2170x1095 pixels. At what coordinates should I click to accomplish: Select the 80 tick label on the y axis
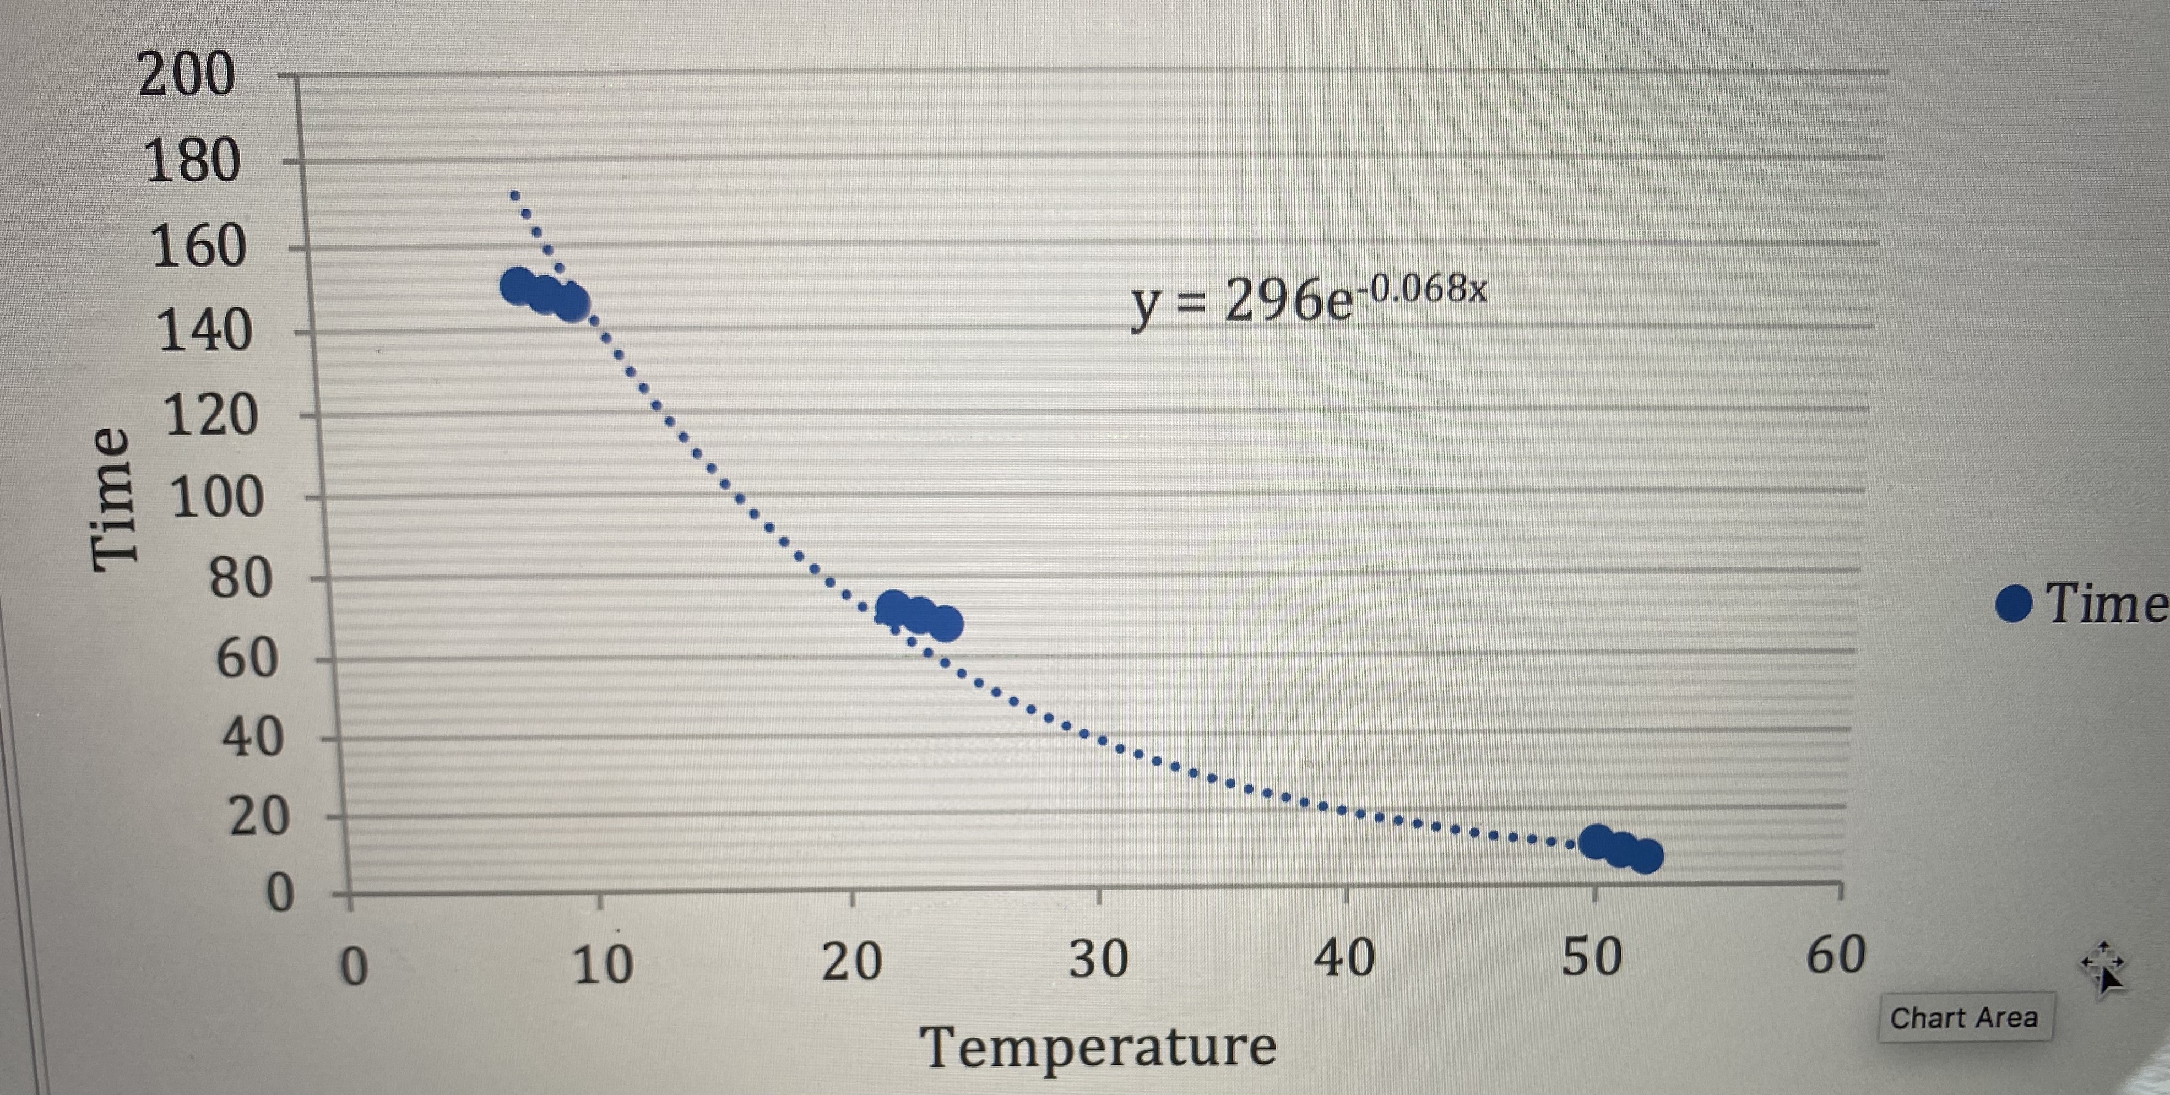coord(240,579)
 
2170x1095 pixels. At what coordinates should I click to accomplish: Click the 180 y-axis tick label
coord(192,160)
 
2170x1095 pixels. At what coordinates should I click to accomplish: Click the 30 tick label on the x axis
coord(1098,960)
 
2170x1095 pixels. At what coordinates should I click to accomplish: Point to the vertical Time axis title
coord(112,498)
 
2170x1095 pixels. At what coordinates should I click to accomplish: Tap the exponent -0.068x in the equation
coord(1425,289)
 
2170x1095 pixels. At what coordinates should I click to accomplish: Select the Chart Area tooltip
coord(1963,1017)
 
